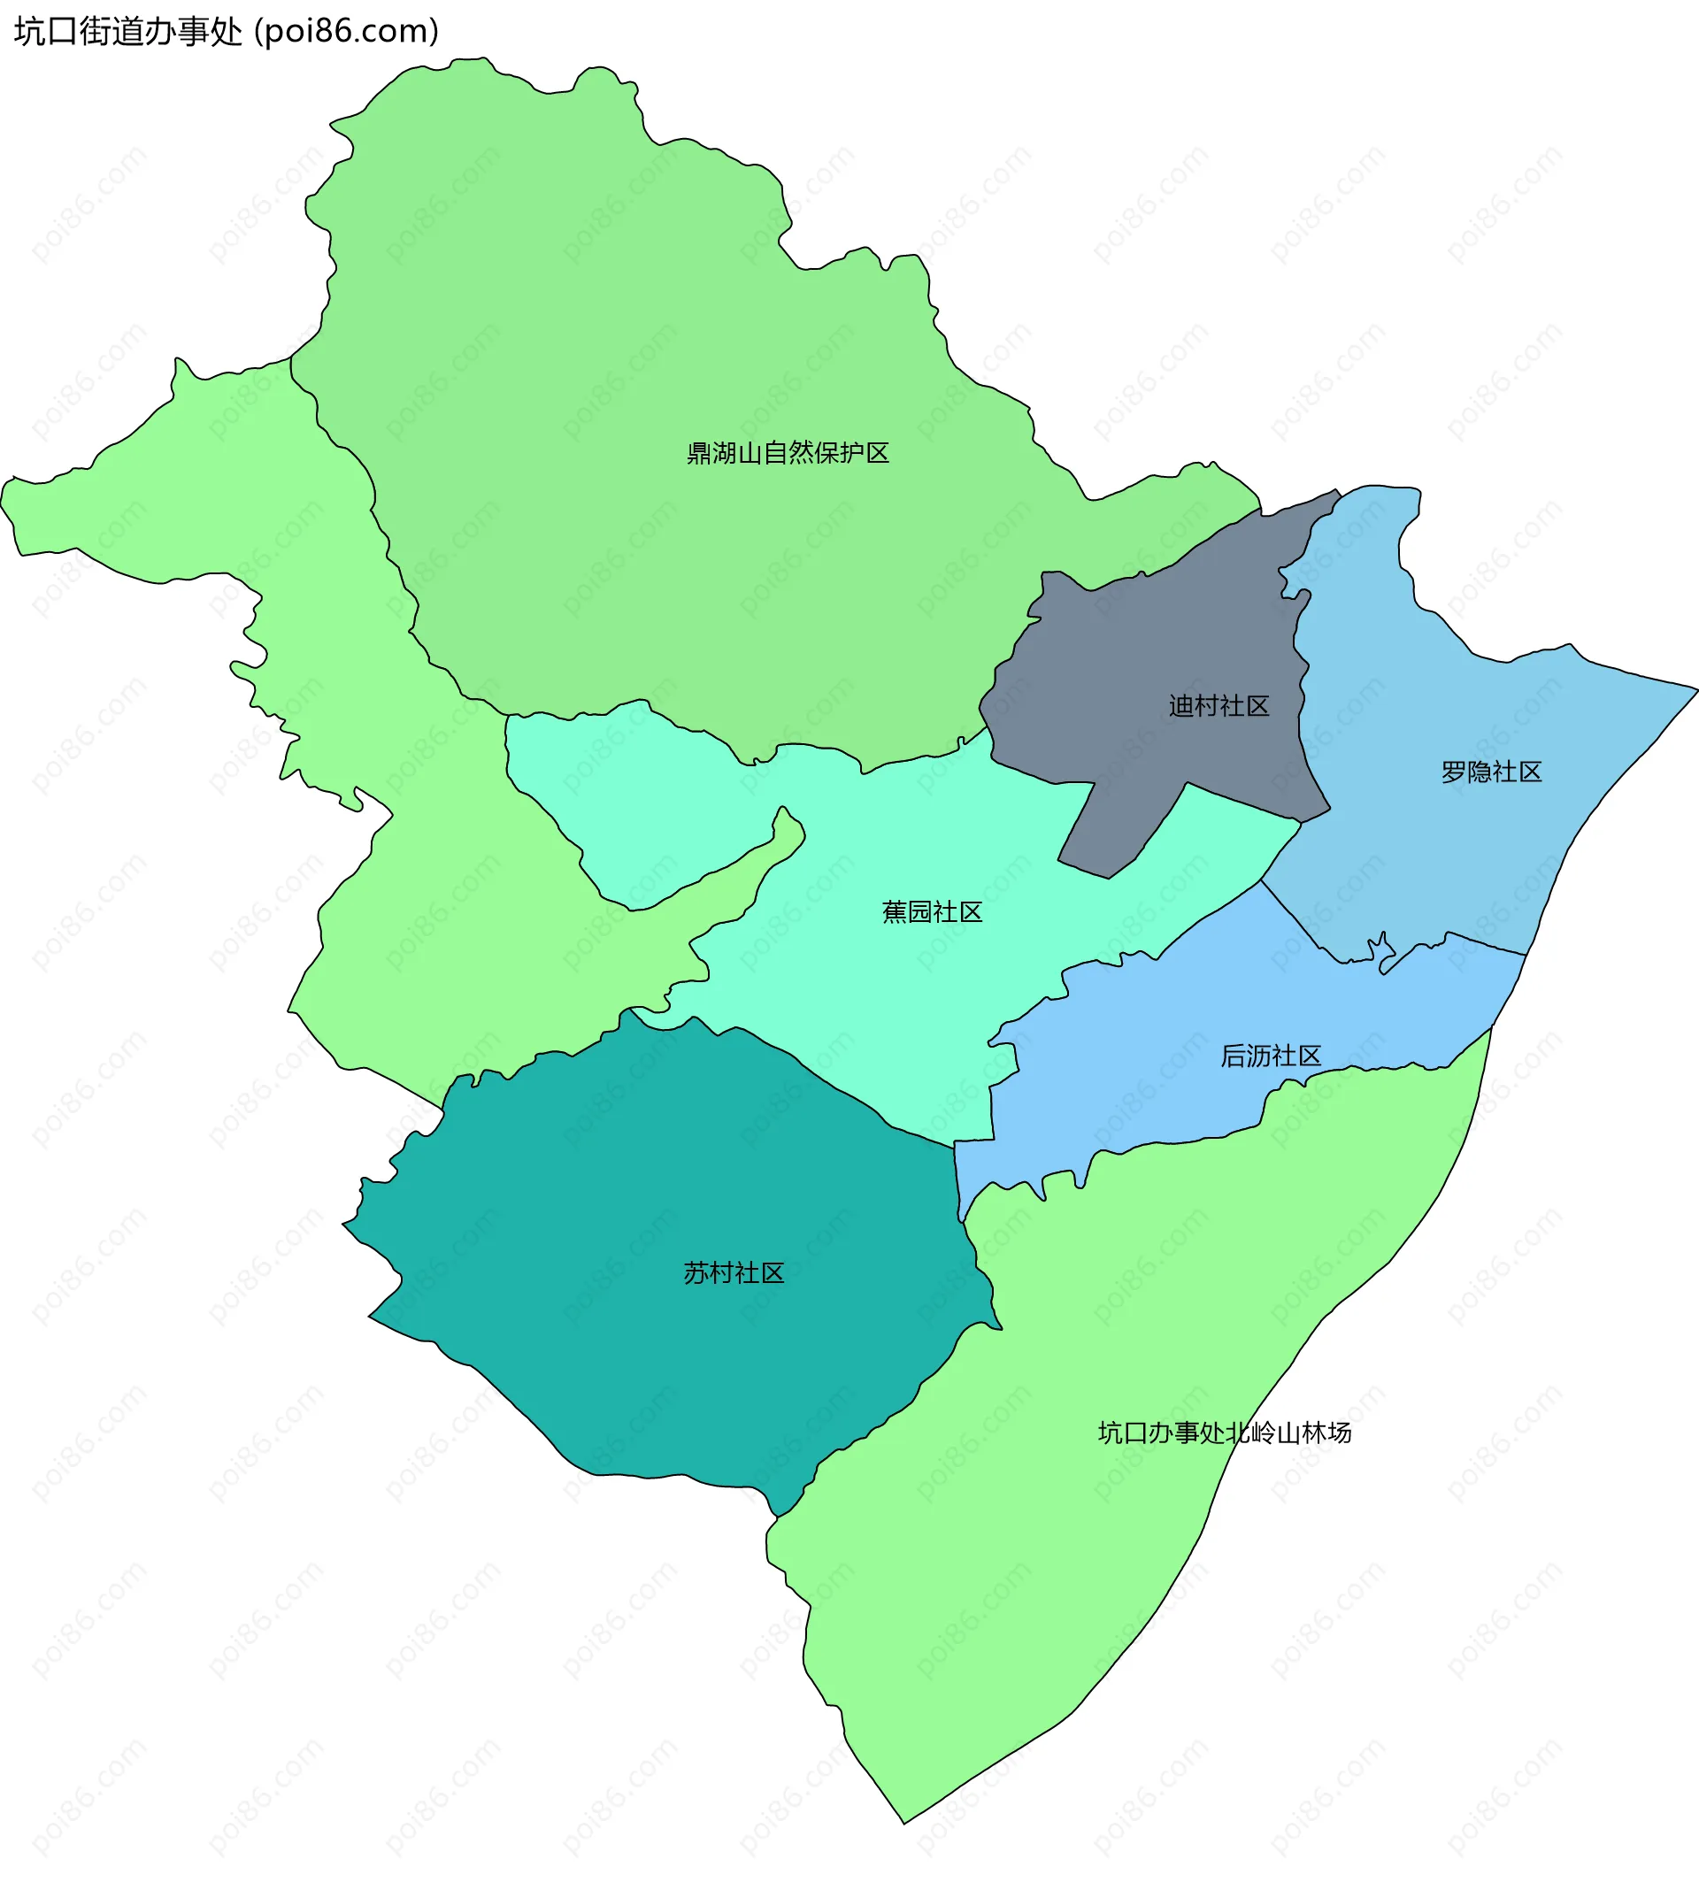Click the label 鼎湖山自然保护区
click(x=788, y=454)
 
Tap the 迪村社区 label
click(x=1219, y=707)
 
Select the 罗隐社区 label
click(x=1491, y=772)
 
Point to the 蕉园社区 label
click(x=932, y=912)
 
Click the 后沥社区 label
click(x=1271, y=1056)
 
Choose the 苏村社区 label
click(x=733, y=1273)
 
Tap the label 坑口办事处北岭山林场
click(x=1224, y=1433)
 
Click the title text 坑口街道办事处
click(x=128, y=31)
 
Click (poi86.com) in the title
click(x=346, y=31)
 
